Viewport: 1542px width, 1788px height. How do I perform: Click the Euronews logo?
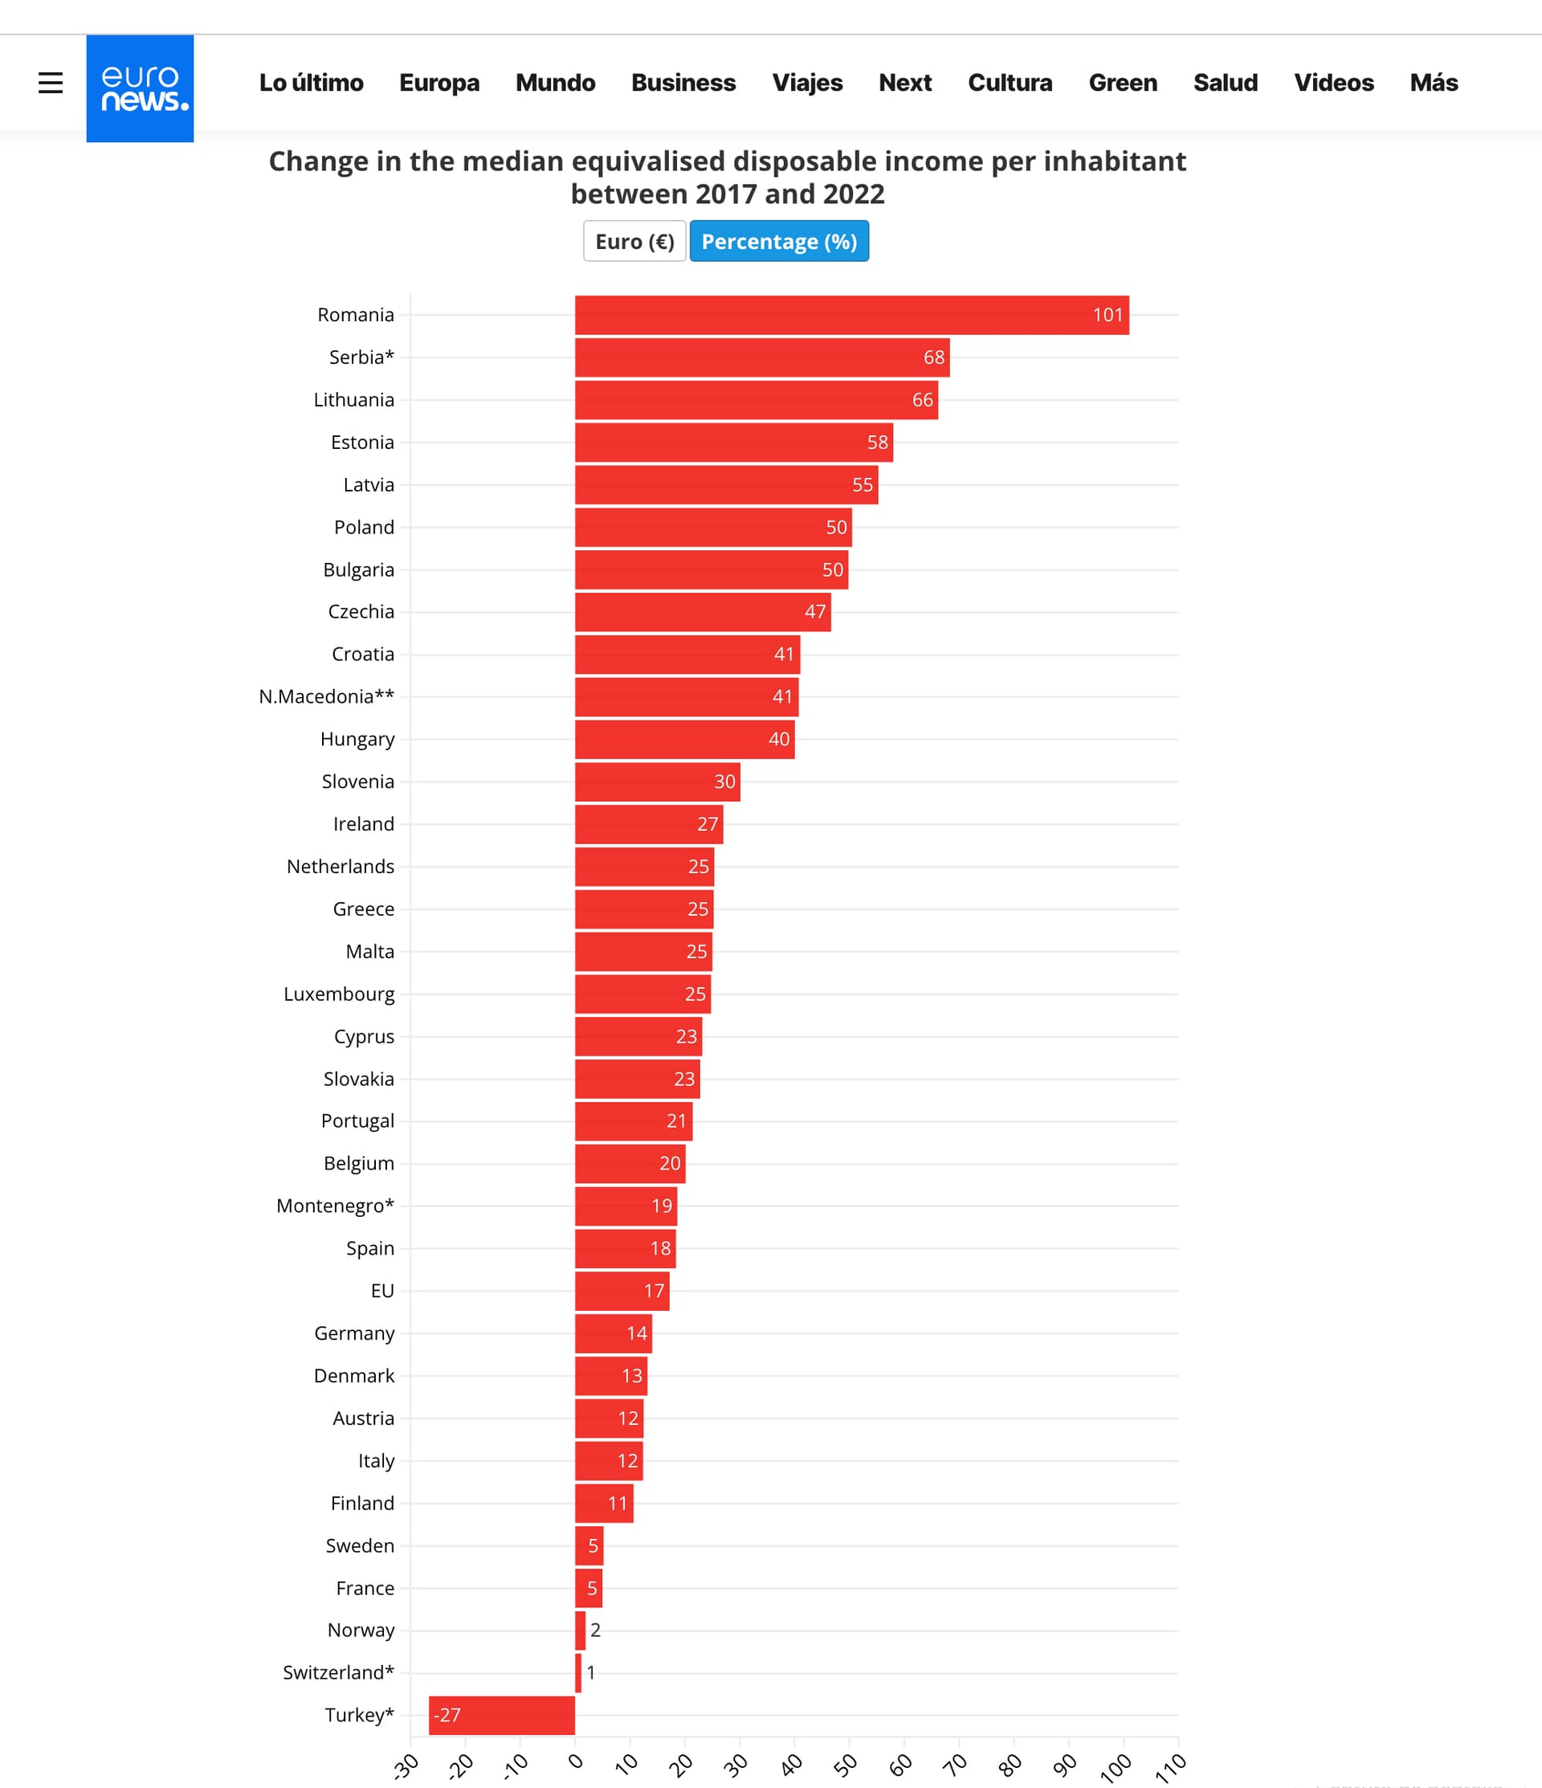click(140, 88)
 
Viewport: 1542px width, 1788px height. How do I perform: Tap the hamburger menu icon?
click(51, 83)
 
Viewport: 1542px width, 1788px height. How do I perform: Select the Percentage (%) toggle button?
click(778, 242)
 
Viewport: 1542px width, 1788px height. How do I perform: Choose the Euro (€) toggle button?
click(634, 242)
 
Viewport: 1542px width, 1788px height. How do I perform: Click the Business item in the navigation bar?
click(683, 83)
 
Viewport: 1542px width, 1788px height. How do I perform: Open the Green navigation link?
click(1122, 83)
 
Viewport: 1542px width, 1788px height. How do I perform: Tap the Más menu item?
click(1433, 83)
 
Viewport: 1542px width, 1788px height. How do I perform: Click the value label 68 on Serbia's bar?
click(934, 357)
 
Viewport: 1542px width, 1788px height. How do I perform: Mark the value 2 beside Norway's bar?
click(595, 1630)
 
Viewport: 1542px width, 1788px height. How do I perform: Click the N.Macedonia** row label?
click(326, 696)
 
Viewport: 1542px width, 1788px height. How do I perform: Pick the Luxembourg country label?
click(338, 994)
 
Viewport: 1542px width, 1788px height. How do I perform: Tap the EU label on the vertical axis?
click(382, 1291)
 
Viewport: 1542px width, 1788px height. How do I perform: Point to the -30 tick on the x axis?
click(406, 1766)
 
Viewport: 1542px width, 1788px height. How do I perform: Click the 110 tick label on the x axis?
click(1170, 1767)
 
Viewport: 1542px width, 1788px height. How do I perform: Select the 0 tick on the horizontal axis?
click(577, 1761)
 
